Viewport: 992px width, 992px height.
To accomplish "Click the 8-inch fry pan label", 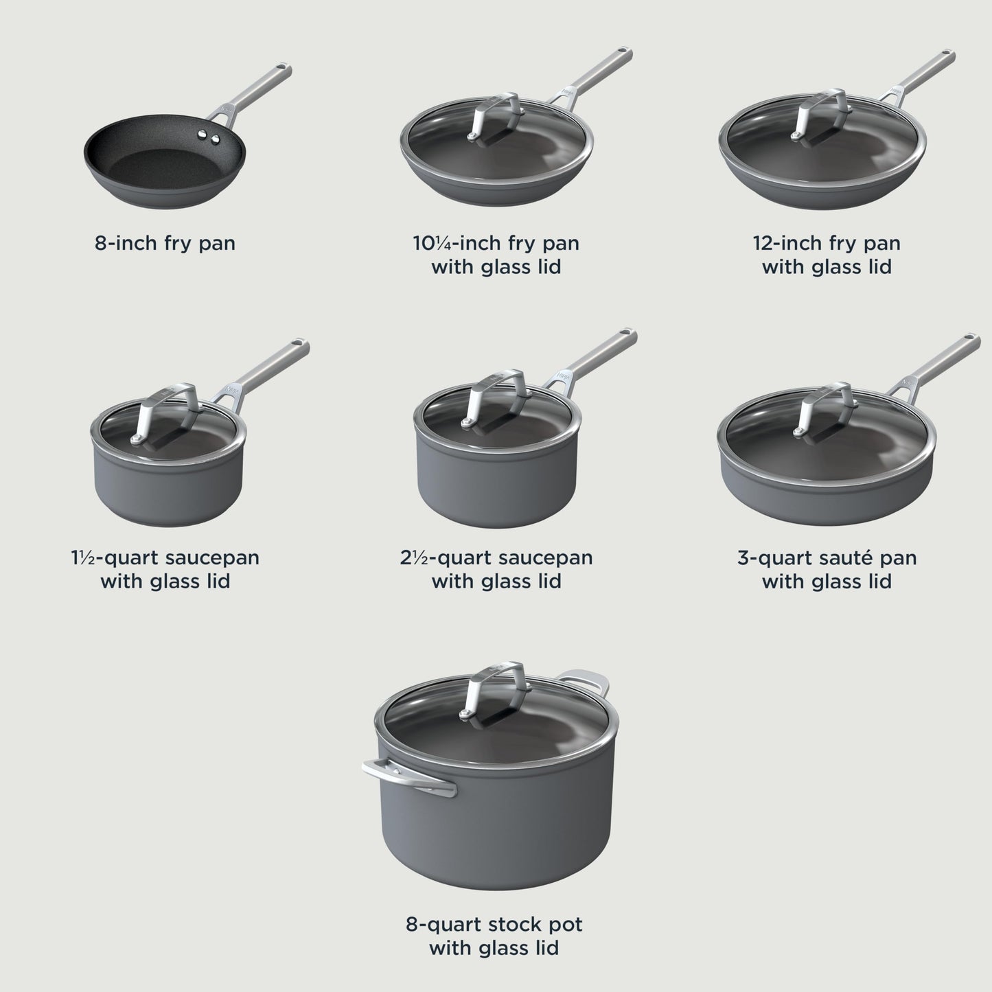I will coord(165,243).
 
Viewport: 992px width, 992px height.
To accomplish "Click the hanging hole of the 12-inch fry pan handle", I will coord(947,54).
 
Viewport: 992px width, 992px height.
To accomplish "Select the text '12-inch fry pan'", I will coord(826,243).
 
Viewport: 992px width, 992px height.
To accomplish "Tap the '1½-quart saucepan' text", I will coord(165,557).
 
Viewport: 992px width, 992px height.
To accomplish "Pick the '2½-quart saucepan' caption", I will coord(496,557).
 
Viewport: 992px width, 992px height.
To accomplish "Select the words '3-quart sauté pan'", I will coord(827,557).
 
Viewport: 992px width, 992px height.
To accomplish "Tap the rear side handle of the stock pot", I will coord(587,680).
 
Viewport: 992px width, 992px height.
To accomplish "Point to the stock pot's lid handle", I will coord(497,690).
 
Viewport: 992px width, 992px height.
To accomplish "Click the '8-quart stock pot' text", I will coord(494,924).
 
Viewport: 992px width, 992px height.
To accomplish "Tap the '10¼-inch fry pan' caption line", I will coord(496,243).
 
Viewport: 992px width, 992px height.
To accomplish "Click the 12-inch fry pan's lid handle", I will coord(823,113).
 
